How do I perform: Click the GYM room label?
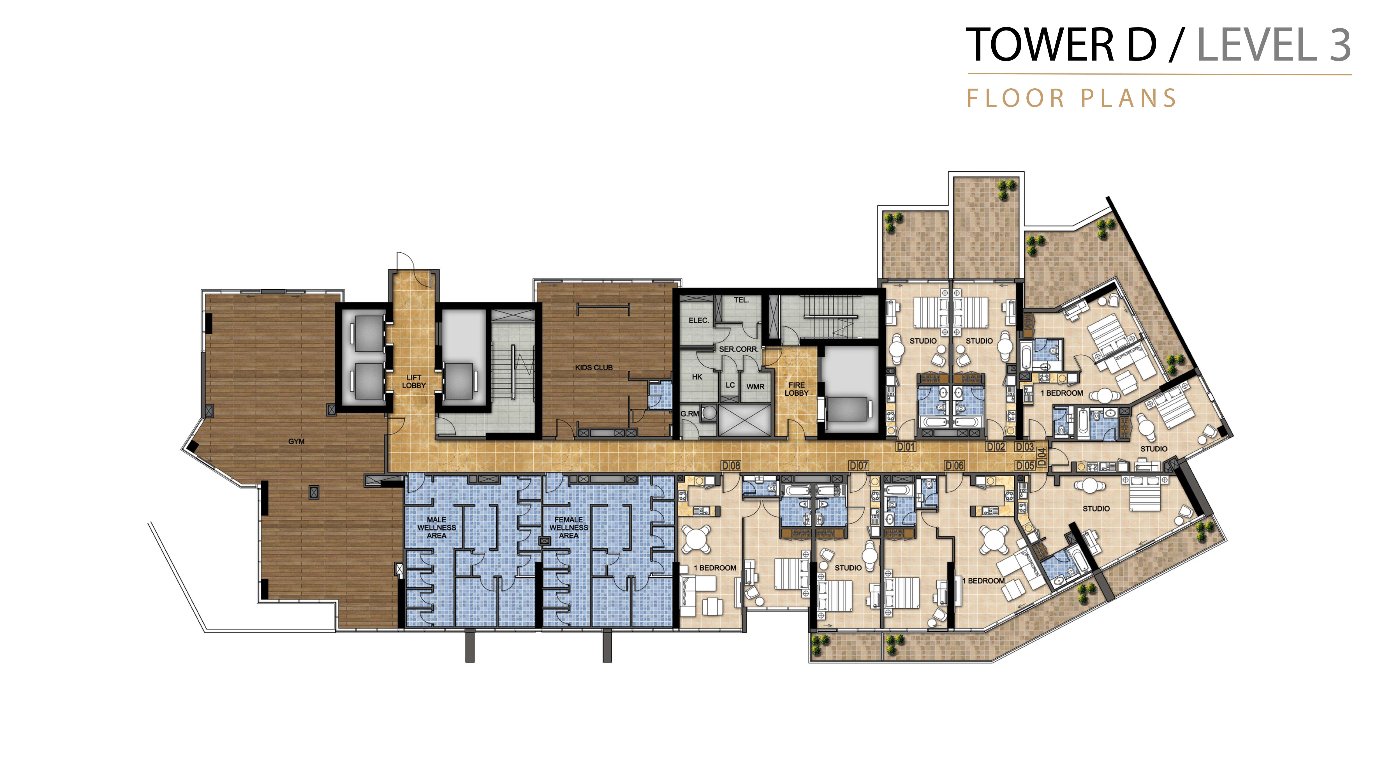tap(296, 441)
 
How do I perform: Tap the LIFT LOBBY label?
tap(414, 381)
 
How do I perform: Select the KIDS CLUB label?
tap(594, 367)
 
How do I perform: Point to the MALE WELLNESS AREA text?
tap(437, 527)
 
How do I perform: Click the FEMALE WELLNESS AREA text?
tap(569, 527)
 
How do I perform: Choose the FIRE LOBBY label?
tap(797, 389)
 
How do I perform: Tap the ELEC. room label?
tap(699, 320)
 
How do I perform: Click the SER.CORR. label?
tap(739, 349)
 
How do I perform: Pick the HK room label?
tap(697, 377)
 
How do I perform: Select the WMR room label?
tap(755, 386)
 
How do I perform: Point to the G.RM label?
tap(689, 414)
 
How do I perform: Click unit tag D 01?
tap(906, 447)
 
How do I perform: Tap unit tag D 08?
tap(731, 465)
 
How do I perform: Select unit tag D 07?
tap(859, 465)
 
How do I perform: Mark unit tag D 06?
tap(955, 465)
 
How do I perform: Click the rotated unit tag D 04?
tap(1041, 456)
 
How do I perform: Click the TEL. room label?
tap(741, 300)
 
